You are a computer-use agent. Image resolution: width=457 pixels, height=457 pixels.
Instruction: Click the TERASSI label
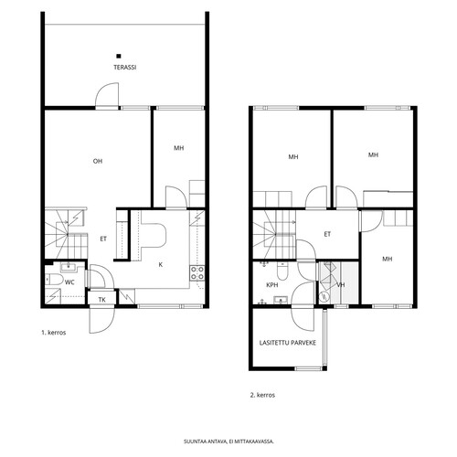125,68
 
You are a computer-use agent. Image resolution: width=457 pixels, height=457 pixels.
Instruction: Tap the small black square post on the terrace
119,56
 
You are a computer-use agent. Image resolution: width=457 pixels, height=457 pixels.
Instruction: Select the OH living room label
98,161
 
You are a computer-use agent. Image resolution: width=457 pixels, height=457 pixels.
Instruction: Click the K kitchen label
161,265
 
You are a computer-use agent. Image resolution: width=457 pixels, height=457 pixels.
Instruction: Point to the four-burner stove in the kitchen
197,273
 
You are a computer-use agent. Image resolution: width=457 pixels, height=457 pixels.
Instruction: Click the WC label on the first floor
69,282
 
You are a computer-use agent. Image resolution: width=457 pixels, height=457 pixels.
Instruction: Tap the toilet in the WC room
54,280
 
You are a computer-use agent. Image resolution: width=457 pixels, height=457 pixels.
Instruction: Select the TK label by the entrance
102,300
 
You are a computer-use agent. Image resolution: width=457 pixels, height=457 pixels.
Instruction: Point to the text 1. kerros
54,333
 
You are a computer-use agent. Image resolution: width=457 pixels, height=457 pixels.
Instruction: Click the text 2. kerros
262,395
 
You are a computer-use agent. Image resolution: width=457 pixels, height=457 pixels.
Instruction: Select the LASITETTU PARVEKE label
288,343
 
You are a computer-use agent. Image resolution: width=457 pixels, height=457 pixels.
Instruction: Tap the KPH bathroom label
272,285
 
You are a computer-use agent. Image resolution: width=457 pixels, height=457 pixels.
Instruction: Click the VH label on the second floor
341,285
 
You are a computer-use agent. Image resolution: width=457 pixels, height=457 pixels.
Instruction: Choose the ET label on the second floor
327,234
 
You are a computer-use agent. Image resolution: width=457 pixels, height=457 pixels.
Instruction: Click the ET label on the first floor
103,239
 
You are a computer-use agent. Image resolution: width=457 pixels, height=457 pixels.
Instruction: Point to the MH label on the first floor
179,148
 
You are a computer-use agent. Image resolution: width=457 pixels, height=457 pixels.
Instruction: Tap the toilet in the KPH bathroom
282,271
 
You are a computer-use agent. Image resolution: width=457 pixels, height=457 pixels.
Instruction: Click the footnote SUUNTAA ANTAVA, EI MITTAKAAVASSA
228,441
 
